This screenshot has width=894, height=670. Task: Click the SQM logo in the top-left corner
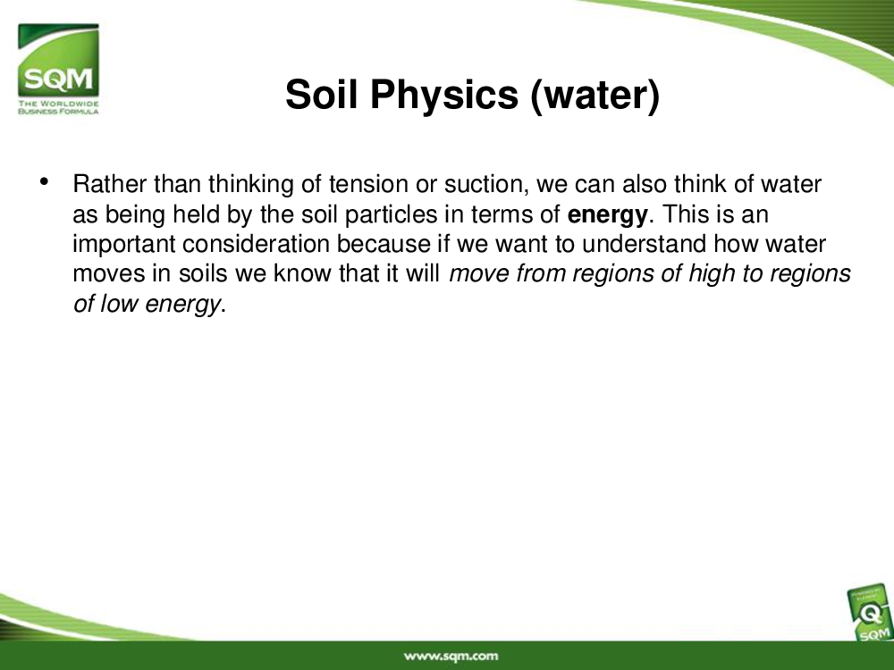pyautogui.click(x=58, y=69)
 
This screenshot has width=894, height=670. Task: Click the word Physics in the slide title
pyautogui.click(x=444, y=95)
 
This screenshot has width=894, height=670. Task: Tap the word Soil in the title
pyautogui.click(x=322, y=94)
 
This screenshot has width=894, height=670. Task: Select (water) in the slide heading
pyautogui.click(x=595, y=96)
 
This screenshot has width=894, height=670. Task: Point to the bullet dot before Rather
pyautogui.click(x=45, y=181)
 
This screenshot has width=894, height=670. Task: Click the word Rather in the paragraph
pyautogui.click(x=110, y=184)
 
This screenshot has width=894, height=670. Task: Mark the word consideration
pyautogui.click(x=256, y=244)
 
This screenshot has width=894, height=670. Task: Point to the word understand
pyautogui.click(x=644, y=244)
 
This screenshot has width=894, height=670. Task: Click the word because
pyautogui.click(x=384, y=244)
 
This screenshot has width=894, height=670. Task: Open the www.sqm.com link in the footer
pyautogui.click(x=451, y=657)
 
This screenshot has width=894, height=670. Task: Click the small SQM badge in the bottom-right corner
pyautogui.click(x=870, y=615)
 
